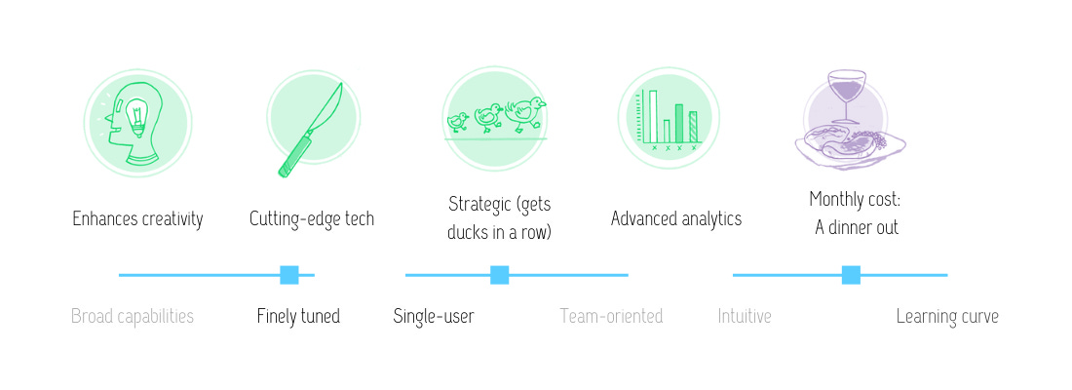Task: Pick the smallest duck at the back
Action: coord(457,122)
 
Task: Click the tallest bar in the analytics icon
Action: coord(652,116)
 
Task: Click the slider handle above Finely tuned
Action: coord(289,275)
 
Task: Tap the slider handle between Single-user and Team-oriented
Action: coord(500,275)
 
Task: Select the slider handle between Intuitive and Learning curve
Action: coord(851,275)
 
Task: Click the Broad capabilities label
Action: coord(133,316)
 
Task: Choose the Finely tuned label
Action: coord(298,316)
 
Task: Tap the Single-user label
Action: coord(434,316)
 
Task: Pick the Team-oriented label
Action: coord(611,316)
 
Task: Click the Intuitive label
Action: coord(745,316)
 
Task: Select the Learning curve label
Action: coord(947,316)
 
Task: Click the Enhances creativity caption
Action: coord(138,219)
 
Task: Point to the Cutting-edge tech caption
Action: coord(312,219)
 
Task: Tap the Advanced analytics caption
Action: coord(676,219)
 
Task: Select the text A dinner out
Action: coord(856,228)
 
